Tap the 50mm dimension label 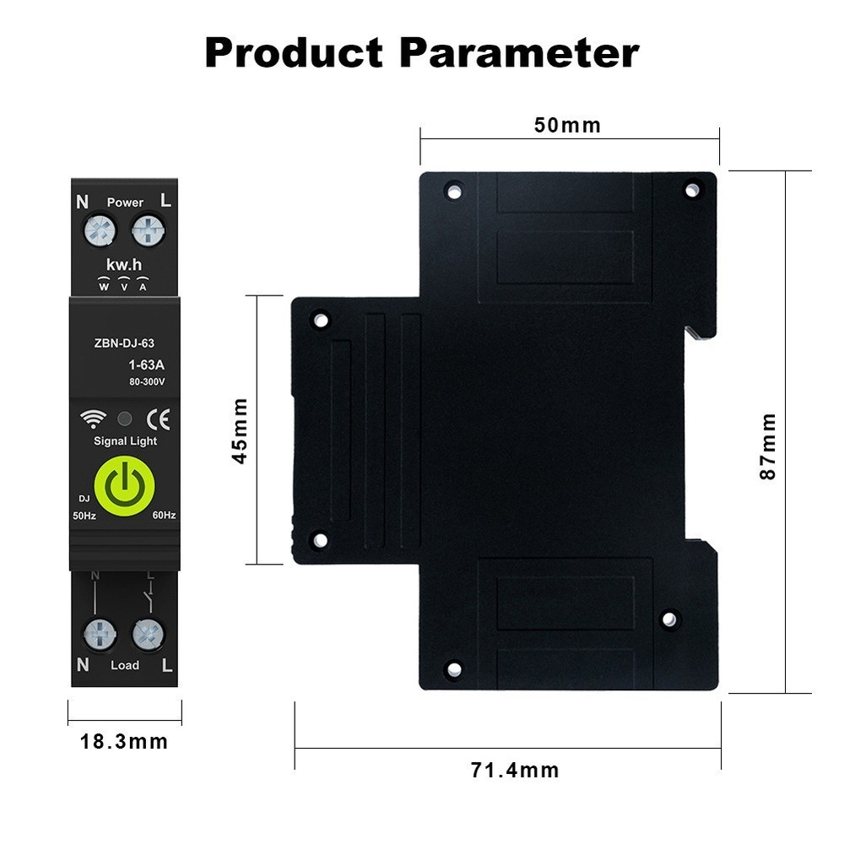coord(567,126)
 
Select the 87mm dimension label coord(767,446)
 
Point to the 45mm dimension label coord(241,430)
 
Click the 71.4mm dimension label coord(515,770)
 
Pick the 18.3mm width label coord(124,743)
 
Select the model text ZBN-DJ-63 coord(123,344)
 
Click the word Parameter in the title coord(519,53)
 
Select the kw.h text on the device coord(123,265)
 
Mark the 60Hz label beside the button coord(164,515)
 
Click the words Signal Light coord(125,441)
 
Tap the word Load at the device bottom coord(125,665)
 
